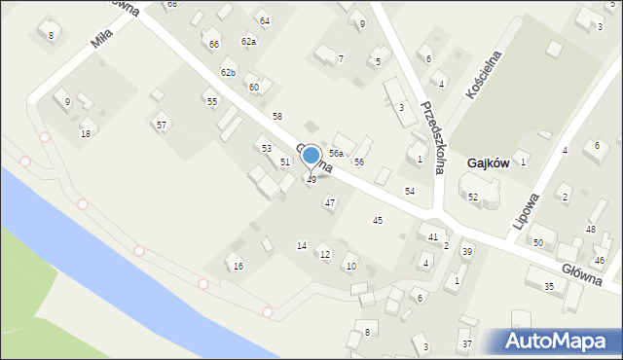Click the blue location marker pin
311,157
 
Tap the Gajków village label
488,163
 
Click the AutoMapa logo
560,341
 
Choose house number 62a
248,42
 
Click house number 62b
228,73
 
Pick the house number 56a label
336,154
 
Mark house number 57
162,125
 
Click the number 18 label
86,133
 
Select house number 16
238,267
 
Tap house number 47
330,203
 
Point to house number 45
378,221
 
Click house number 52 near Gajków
473,198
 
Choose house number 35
549,286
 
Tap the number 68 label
172,5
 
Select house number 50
537,242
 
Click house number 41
433,237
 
